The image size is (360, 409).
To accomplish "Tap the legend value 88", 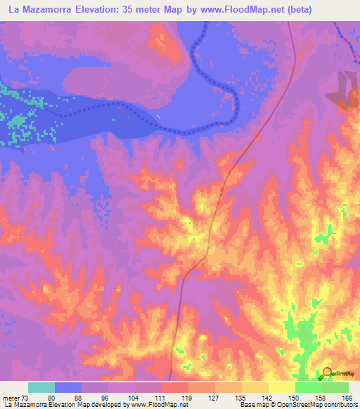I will point(82,398).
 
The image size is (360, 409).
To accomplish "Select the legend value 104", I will point(135,398).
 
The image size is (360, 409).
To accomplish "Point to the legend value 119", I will point(188,398).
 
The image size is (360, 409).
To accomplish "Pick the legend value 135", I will point(241,398).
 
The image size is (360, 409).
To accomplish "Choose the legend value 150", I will point(295,398).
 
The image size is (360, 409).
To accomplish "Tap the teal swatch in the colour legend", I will point(41,387).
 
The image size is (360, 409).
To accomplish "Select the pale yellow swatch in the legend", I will point(282,387).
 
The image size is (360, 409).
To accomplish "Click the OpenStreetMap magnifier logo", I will point(326,372).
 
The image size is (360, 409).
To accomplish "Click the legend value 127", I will point(214,398).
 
